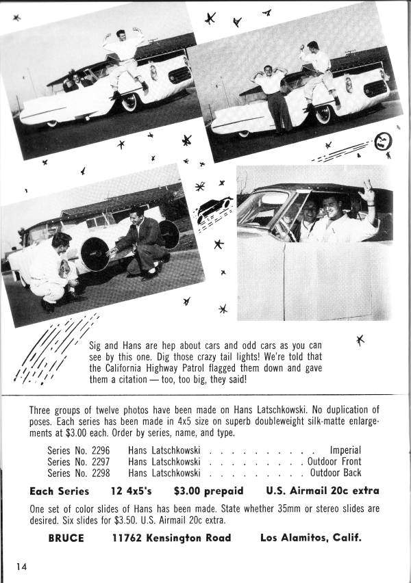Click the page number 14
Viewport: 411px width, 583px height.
click(x=22, y=566)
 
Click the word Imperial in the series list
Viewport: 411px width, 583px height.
click(x=345, y=451)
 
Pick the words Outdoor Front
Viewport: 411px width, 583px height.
click(x=334, y=462)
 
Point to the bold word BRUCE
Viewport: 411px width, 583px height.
click(x=66, y=538)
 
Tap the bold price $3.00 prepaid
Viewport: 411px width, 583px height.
click(x=208, y=491)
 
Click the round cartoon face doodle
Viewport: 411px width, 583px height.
click(x=383, y=141)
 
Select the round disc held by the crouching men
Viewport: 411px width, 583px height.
click(x=95, y=253)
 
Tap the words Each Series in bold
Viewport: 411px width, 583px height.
click(x=59, y=491)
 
